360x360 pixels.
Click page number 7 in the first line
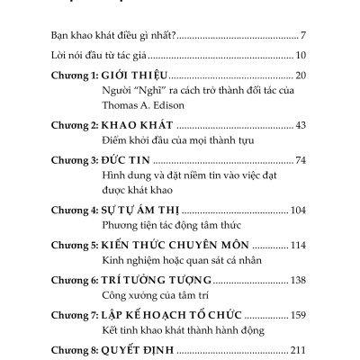(305, 37)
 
